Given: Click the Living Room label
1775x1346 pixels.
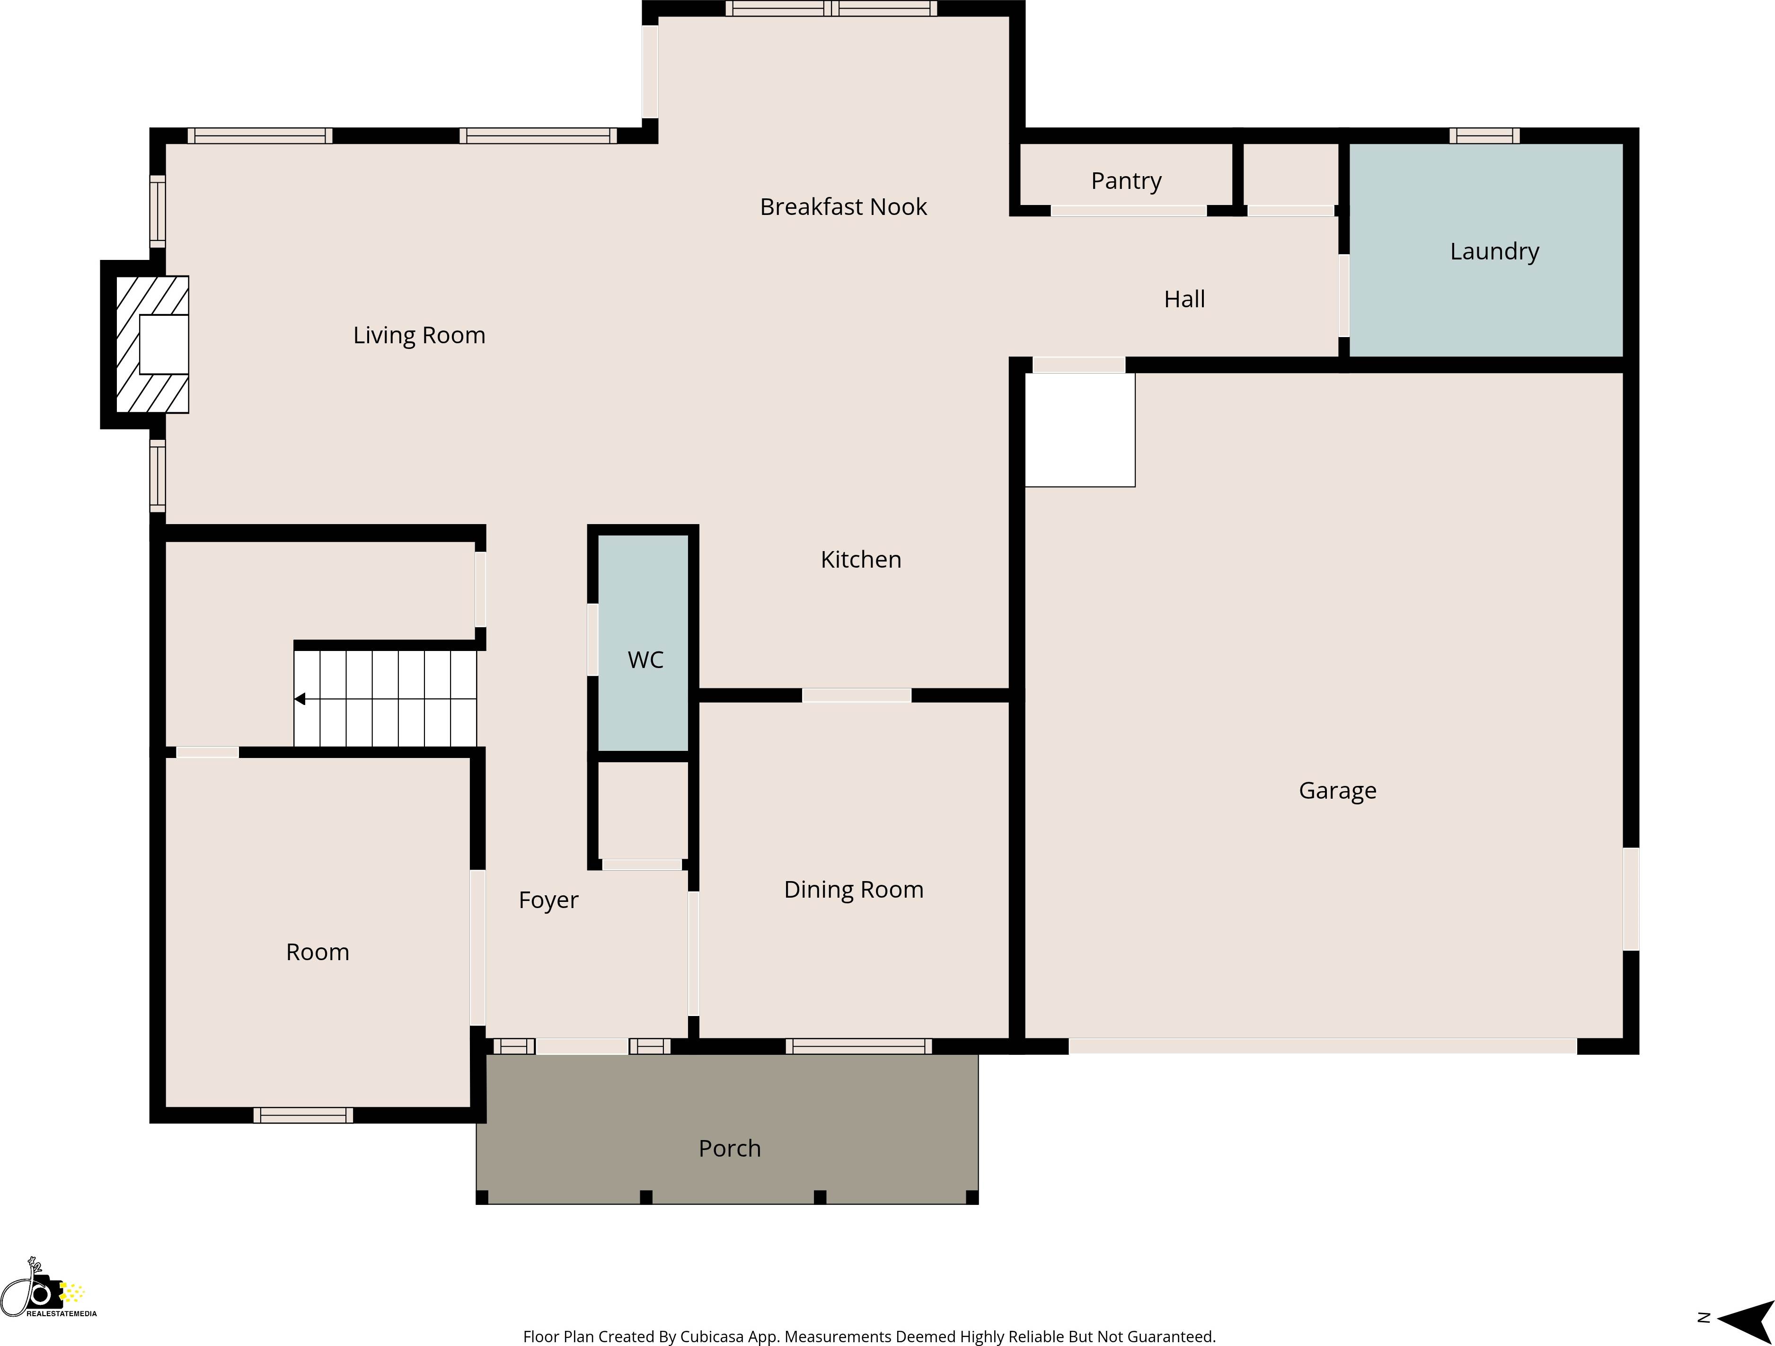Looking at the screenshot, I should pyautogui.click(x=419, y=336).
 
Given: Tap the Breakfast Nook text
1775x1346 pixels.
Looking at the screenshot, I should pyautogui.click(x=843, y=207).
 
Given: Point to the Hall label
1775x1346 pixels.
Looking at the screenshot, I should pyautogui.click(x=1184, y=299).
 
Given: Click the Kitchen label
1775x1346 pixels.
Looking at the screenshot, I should pyautogui.click(x=860, y=560).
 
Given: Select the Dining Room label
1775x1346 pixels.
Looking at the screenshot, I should pyautogui.click(x=853, y=889).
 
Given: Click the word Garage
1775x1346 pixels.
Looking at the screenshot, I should pyautogui.click(x=1337, y=791).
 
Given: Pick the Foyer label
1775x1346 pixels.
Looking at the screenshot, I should pyautogui.click(x=548, y=900).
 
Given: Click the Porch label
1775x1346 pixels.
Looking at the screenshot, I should pyautogui.click(x=729, y=1149).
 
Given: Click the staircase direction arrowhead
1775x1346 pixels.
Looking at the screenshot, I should pyautogui.click(x=300, y=699).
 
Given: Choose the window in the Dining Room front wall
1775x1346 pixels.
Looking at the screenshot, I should pyautogui.click(x=858, y=1046).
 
